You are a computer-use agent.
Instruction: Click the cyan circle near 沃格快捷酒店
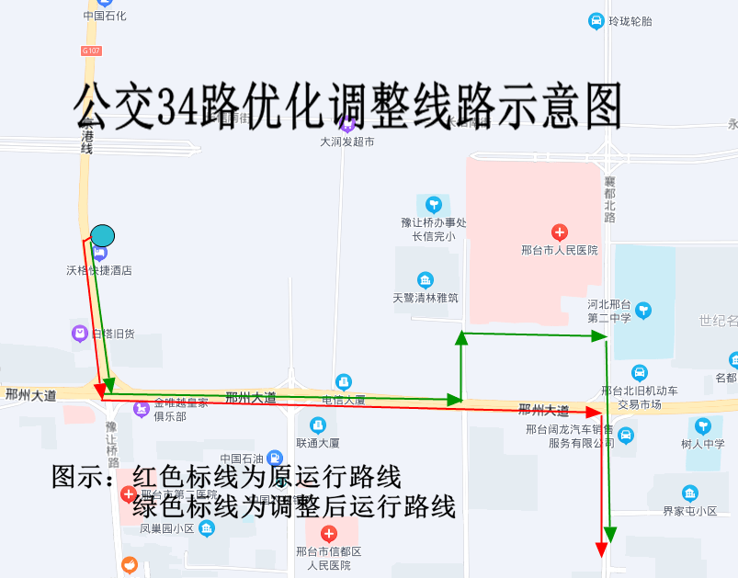click(102, 235)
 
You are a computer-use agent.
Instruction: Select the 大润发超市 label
click(346, 142)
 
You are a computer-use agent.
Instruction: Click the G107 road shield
click(90, 51)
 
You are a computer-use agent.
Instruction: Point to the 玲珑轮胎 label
click(630, 21)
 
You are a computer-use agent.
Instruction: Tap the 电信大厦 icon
click(344, 381)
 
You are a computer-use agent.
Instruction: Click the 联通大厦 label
click(317, 442)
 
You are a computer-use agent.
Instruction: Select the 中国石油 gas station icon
click(273, 458)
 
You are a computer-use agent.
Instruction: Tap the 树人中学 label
click(703, 443)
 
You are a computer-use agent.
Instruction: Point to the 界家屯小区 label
click(689, 511)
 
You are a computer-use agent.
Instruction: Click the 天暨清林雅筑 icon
click(425, 280)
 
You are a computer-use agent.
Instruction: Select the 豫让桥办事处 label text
click(434, 222)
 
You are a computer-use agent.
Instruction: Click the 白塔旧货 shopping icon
click(80, 333)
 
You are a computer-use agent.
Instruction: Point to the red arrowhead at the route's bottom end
click(602, 549)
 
